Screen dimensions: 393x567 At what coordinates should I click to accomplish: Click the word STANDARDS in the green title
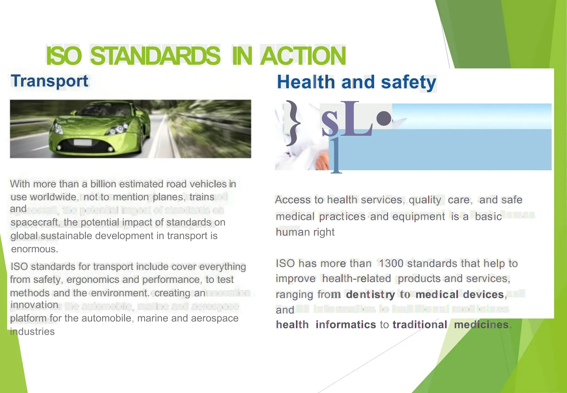click(155, 56)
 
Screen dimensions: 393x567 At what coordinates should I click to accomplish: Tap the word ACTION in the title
click(303, 56)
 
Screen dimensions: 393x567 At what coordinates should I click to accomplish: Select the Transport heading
click(50, 81)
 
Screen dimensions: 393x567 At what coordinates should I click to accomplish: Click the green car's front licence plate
click(83, 143)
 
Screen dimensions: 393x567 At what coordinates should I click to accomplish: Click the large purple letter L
click(356, 119)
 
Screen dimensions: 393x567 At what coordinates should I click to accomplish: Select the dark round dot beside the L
click(384, 119)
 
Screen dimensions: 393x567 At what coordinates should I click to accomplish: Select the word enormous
click(34, 249)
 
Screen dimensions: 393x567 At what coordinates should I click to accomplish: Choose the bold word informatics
click(346, 325)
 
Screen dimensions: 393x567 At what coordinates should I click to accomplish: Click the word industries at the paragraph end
click(32, 331)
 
